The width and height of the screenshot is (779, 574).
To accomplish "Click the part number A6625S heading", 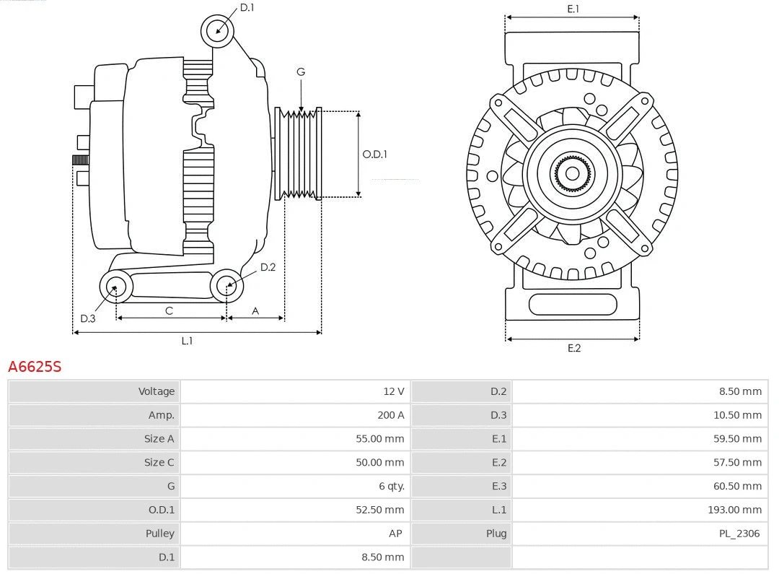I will (x=35, y=366).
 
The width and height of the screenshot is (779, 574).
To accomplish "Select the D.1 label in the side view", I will (x=247, y=7).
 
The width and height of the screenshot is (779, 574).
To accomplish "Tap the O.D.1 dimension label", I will (x=374, y=154).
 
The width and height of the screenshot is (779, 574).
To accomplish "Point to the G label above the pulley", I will (x=301, y=71).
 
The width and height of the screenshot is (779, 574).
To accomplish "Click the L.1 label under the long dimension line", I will (x=187, y=341).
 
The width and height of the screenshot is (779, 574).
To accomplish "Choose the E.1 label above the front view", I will (x=573, y=9).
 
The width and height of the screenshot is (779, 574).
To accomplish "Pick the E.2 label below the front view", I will (x=573, y=348).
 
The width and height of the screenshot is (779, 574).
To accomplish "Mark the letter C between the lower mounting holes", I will (x=169, y=310).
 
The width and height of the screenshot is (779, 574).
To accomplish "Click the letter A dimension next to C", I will (x=255, y=310).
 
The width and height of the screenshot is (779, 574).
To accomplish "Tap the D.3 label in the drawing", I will (x=87, y=318).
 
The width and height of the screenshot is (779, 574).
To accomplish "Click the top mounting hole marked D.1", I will (x=218, y=30).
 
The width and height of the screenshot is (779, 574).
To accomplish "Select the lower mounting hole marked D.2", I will (x=227, y=286).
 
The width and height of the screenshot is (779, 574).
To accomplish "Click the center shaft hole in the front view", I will (x=572, y=174).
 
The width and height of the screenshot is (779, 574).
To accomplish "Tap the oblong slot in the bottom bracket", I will (x=573, y=304).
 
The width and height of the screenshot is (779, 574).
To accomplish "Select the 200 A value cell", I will (x=390, y=414).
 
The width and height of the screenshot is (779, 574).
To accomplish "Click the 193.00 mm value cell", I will (x=734, y=510).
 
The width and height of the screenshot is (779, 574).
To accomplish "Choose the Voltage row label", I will (x=157, y=391).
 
